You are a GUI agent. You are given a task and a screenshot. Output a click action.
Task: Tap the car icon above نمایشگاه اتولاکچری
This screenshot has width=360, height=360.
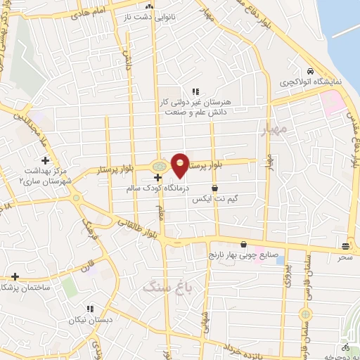310,71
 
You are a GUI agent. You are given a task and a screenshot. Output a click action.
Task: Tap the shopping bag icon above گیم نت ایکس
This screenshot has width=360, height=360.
214,188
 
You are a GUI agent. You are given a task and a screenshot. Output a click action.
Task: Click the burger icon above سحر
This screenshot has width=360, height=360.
345,246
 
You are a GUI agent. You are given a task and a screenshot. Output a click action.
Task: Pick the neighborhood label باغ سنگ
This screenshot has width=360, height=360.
162,287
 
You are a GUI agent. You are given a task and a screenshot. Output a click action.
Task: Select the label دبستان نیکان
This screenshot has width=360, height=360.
90,320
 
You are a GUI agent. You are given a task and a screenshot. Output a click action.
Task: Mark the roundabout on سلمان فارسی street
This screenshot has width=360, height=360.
306,314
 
